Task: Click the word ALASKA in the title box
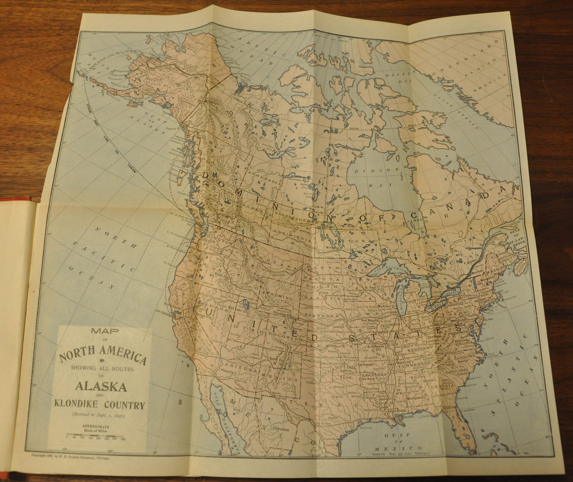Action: click(100, 387)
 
